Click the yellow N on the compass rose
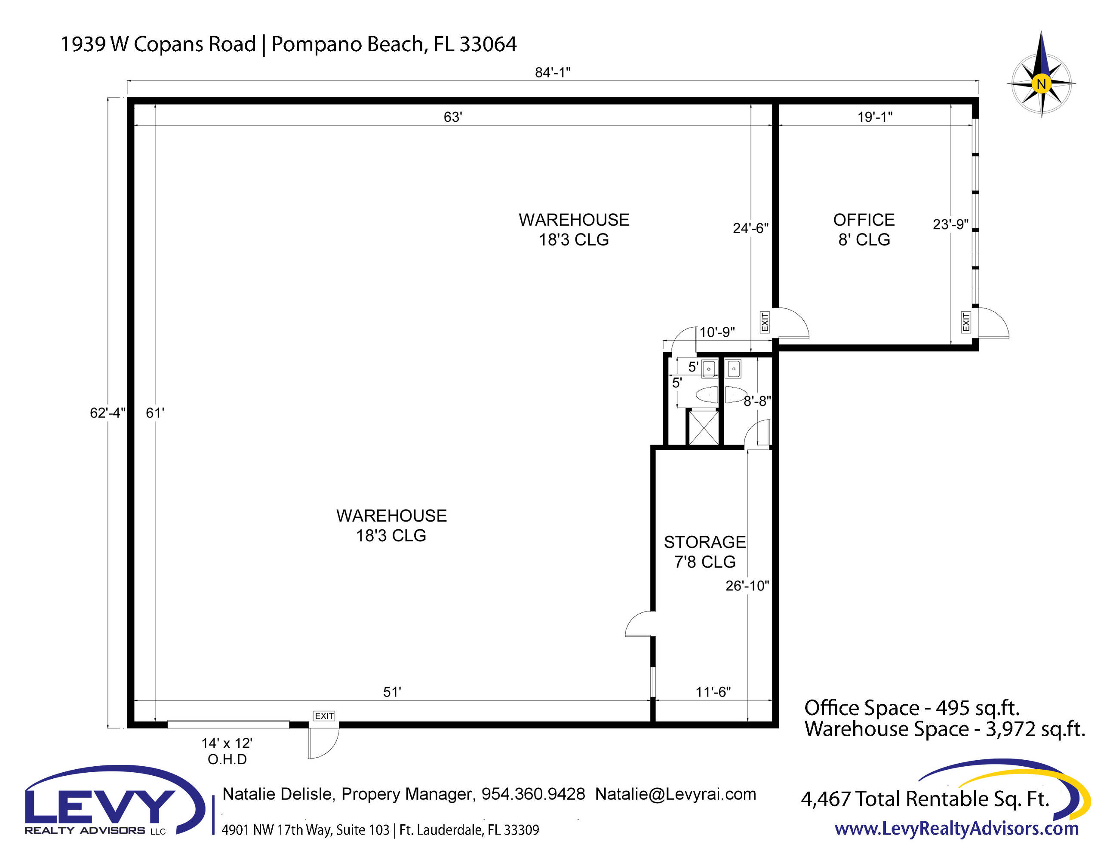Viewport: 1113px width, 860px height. [x=1041, y=83]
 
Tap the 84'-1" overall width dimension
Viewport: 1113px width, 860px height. [x=553, y=72]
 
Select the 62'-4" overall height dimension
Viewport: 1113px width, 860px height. [x=108, y=413]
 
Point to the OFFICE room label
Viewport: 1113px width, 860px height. [x=864, y=220]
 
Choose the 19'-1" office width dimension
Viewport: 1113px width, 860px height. [x=875, y=117]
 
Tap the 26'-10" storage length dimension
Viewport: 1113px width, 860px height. [x=747, y=586]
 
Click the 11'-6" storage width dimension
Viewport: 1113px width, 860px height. [x=713, y=691]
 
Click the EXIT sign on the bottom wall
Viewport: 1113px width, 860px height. [x=324, y=716]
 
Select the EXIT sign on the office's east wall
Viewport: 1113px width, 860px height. [x=966, y=322]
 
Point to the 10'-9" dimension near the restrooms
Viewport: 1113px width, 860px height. [x=717, y=332]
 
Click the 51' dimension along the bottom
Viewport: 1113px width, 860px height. [x=392, y=691]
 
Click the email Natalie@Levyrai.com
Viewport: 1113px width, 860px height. [x=676, y=794]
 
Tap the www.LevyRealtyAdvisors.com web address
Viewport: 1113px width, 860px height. [x=956, y=829]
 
